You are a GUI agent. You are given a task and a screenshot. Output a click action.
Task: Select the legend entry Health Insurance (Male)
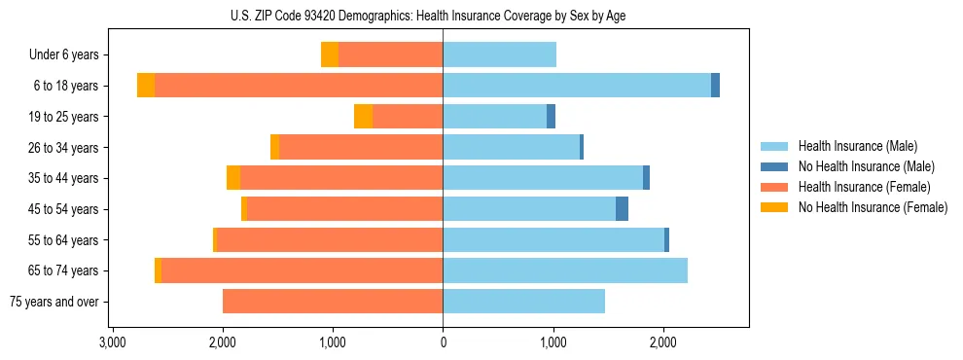click(x=857, y=146)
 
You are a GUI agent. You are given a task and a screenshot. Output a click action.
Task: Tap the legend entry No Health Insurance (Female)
click(x=873, y=207)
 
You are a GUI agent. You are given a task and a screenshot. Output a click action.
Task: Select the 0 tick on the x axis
click(x=444, y=342)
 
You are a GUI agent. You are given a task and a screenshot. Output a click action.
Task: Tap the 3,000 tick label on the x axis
click(x=113, y=342)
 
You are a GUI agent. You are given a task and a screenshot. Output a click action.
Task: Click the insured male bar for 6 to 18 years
click(x=577, y=86)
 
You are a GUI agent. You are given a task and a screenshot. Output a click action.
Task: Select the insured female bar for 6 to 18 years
click(x=299, y=86)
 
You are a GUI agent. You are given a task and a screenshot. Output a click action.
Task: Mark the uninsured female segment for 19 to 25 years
click(x=363, y=117)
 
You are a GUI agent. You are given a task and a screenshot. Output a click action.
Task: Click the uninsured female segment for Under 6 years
click(x=330, y=55)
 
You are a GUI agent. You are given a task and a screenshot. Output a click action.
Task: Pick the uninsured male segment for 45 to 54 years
click(x=622, y=209)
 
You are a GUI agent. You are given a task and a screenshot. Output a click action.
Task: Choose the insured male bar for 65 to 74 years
click(x=565, y=270)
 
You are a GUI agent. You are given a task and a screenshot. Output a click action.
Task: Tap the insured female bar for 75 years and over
click(x=333, y=302)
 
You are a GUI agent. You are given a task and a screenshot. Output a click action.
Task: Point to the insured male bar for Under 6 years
click(x=500, y=55)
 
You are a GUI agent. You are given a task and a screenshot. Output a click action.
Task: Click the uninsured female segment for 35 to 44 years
click(x=233, y=178)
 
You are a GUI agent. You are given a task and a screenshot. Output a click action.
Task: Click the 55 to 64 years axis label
click(x=63, y=240)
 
